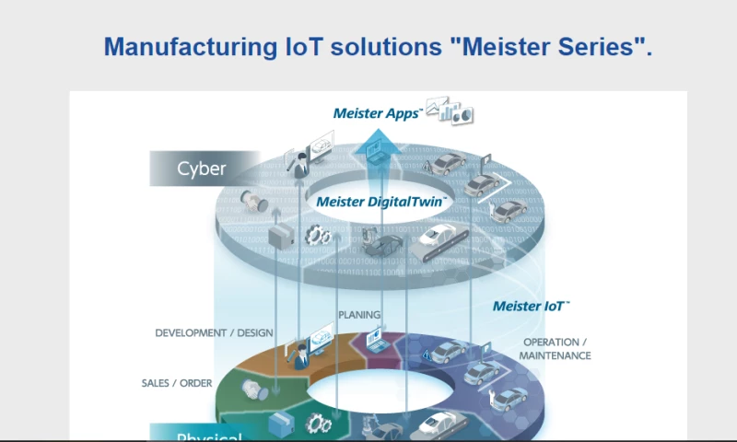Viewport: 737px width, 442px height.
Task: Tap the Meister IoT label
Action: pos(532,306)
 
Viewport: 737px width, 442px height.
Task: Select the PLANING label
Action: pos(359,315)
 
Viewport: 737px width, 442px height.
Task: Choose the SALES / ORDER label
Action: pos(176,383)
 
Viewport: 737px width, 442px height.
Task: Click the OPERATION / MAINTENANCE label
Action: pos(555,349)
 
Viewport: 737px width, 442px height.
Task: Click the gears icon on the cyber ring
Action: pos(318,236)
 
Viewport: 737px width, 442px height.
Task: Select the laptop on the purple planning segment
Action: pos(378,340)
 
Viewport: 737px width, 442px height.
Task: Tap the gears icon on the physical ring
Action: pos(319,424)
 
